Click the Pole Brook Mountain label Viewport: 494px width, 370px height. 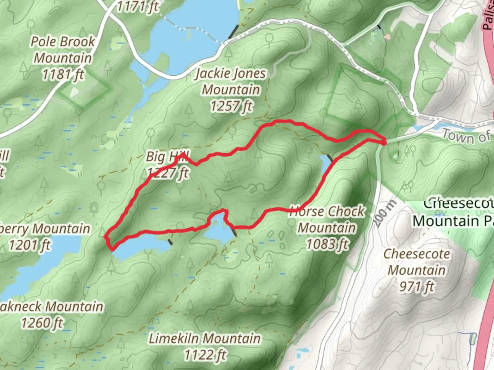pyautogui.click(x=63, y=50)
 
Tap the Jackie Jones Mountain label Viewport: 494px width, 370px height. pyautogui.click(x=231, y=82)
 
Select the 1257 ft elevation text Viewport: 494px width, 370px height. pyautogui.click(x=231, y=106)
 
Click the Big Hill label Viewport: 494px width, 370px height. pyautogui.click(x=167, y=157)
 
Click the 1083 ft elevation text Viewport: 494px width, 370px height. pyautogui.click(x=327, y=244)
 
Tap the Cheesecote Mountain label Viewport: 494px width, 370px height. pyautogui.click(x=416, y=262)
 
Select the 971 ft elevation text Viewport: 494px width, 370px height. pyautogui.click(x=416, y=286)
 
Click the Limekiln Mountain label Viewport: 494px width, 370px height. pyautogui.click(x=204, y=339)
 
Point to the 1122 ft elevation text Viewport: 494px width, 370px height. pyautogui.click(x=205, y=355)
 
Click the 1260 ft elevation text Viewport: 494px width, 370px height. pyautogui.click(x=42, y=323)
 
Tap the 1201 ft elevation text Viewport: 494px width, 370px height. pyautogui.click(x=30, y=245)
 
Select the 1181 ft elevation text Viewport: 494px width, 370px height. pyautogui.click(x=63, y=74)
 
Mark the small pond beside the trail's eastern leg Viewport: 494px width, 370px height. pyautogui.click(x=325, y=165)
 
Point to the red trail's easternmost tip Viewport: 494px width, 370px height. pyautogui.click(x=385, y=141)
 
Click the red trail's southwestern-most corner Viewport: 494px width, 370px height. pyautogui.click(x=111, y=248)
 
